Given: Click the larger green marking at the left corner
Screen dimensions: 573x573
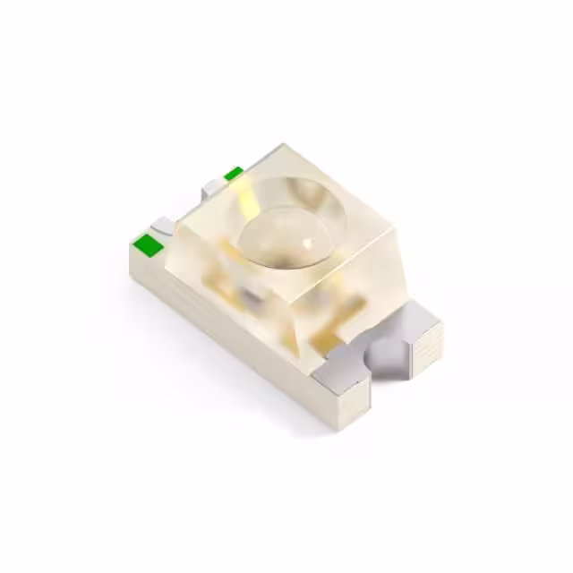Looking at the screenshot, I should point(144,242).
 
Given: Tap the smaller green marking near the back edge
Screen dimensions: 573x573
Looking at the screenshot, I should point(233,173).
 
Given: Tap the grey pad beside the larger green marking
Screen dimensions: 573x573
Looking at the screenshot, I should point(162,226).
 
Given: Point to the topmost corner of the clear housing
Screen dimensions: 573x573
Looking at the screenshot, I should point(280,144).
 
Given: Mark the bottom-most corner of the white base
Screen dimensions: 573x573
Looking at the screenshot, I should point(335,428).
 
